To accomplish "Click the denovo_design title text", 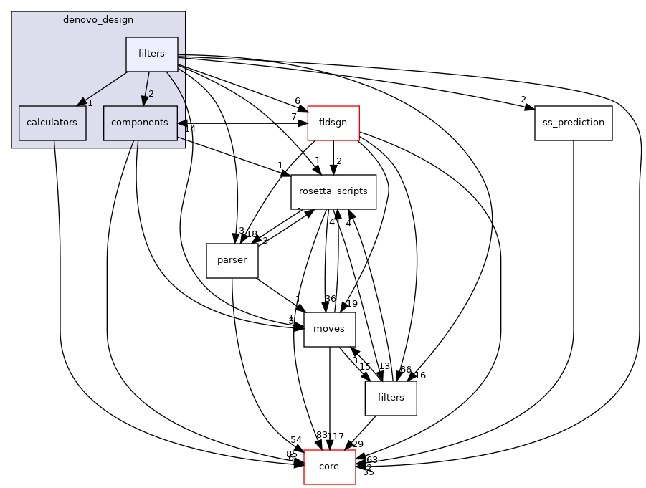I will pyautogui.click(x=98, y=19).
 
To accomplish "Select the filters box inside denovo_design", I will pyautogui.click(x=152, y=54).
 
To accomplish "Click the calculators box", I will pyautogui.click(x=52, y=123).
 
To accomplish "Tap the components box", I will pyautogui.click(x=140, y=123).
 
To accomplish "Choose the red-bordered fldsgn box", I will pyautogui.click(x=333, y=123).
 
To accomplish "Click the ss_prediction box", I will pyautogui.click(x=573, y=123).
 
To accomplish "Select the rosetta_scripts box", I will pyautogui.click(x=333, y=191).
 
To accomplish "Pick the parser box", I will pyautogui.click(x=232, y=260).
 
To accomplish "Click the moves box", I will pyautogui.click(x=329, y=329).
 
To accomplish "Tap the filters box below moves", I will pyautogui.click(x=391, y=398).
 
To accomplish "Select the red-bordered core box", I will pyautogui.click(x=329, y=467).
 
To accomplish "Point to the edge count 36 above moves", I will pyautogui.click(x=330, y=299).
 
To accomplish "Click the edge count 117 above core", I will pyautogui.click(x=336, y=436).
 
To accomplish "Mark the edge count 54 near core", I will pyautogui.click(x=296, y=439).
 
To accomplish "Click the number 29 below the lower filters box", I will pyautogui.click(x=358, y=444).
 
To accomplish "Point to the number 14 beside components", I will pyautogui.click(x=189, y=129).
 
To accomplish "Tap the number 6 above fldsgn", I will pyautogui.click(x=297, y=101).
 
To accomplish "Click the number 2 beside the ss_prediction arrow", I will pyautogui.click(x=523, y=100).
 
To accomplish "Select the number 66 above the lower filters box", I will pyautogui.click(x=405, y=370).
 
